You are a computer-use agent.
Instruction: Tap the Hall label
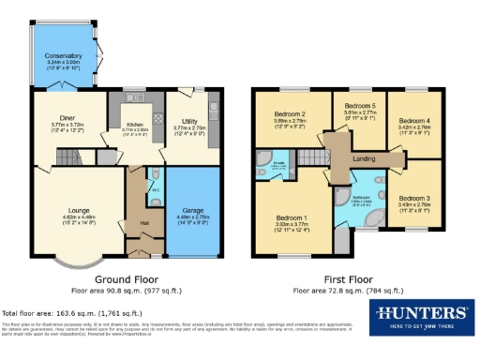pos(145,221)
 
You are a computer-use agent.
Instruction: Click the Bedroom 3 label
pos(413,199)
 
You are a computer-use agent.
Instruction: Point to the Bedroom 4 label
pos(413,120)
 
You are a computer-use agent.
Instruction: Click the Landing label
pos(364,157)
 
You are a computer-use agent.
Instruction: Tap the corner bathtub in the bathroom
pos(373,217)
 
